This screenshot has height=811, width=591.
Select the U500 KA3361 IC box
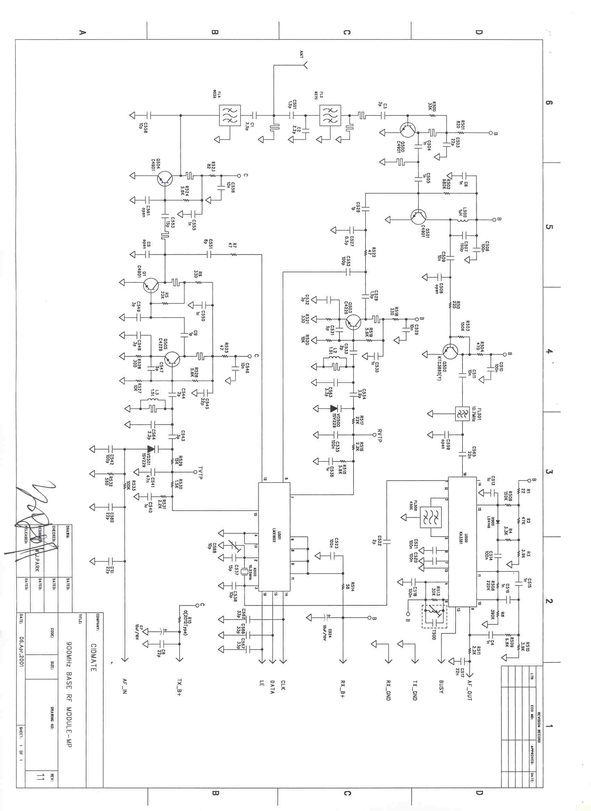(462, 541)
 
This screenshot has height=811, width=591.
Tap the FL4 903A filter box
(230, 116)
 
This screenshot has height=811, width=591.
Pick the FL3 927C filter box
(330, 116)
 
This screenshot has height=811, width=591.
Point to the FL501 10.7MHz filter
(462, 414)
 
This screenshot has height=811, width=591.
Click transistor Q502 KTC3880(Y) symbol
(450, 351)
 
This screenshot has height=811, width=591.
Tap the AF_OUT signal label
(469, 690)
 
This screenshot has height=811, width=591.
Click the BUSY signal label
(441, 686)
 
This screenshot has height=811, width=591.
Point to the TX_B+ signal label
(179, 687)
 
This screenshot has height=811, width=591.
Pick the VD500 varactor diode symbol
(334, 408)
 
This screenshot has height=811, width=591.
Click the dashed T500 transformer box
(434, 616)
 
